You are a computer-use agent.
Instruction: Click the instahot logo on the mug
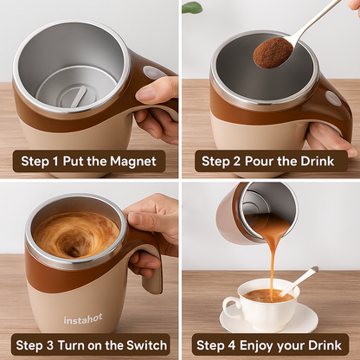82,320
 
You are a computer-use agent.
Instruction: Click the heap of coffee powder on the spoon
272,52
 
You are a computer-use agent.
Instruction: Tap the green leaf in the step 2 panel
192,7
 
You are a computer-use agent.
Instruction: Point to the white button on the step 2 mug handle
333,99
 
